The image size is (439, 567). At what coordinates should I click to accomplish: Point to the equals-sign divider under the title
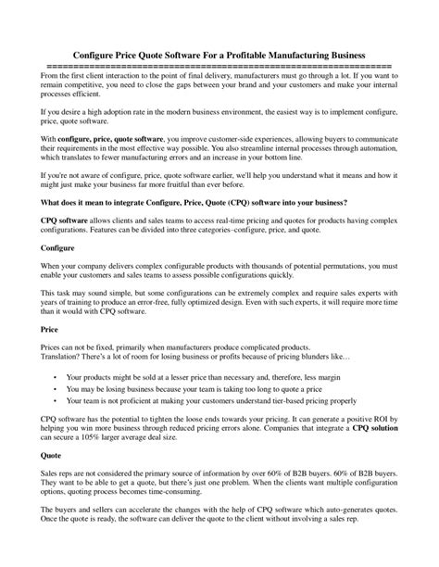click(x=219, y=67)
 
